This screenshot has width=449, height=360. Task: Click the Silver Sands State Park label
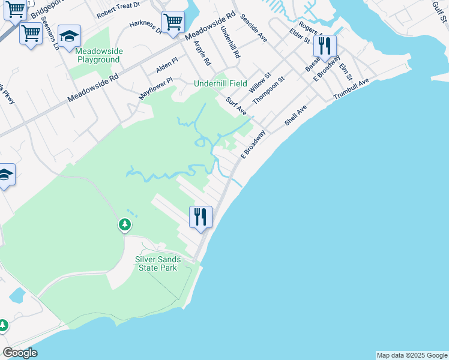[x=158, y=263]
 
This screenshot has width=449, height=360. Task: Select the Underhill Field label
[x=220, y=83]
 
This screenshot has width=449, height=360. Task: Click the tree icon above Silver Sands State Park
[x=125, y=225]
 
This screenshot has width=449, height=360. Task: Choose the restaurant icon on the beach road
[x=201, y=216]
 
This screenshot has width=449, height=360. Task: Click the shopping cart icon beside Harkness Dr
[x=173, y=22]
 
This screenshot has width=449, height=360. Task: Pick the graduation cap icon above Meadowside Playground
[x=70, y=37]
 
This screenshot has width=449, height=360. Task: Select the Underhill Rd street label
[x=230, y=41]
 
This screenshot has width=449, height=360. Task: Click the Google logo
[x=20, y=353]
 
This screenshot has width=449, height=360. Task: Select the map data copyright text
[x=412, y=355]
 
